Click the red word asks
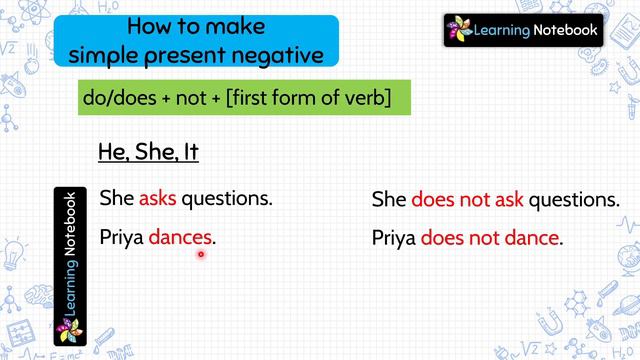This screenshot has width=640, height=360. click(x=157, y=198)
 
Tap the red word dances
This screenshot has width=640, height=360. click(x=181, y=238)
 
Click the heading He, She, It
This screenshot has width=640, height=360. click(x=148, y=153)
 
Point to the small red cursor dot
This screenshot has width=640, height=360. click(x=201, y=254)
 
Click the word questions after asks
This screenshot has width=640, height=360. click(x=227, y=198)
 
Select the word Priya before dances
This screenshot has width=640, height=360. click(x=122, y=238)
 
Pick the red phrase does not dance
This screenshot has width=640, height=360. click(x=489, y=239)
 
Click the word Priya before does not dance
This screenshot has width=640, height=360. click(x=393, y=239)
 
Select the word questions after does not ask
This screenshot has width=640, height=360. click(x=573, y=200)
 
